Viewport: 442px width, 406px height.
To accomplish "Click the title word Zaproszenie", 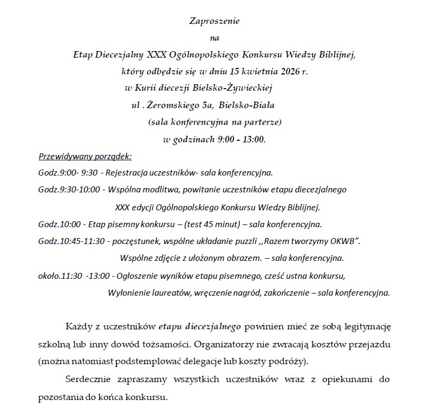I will click(x=214, y=21).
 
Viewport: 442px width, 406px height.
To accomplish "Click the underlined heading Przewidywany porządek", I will click(x=85, y=157).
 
